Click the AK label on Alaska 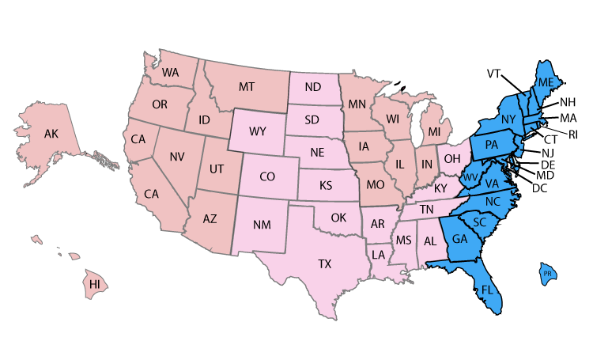pos(51,134)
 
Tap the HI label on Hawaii pos(95,284)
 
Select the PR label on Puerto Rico pos(547,275)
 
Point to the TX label pos(324,264)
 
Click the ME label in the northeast pos(546,83)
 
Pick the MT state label pos(247,87)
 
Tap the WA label pos(170,72)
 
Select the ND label pos(312,86)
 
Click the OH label pos(451,158)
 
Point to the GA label pos(460,239)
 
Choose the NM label pos(263,225)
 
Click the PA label pos(491,145)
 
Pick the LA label pos(380,254)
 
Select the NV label pos(177,157)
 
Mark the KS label pos(325,187)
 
